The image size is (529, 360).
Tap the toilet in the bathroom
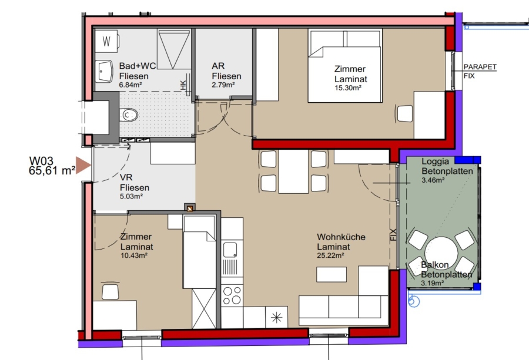click(x=129, y=115)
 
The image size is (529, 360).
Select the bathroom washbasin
click(x=104, y=72)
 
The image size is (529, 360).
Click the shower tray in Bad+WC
click(x=174, y=49)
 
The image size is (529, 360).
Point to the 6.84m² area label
click(x=130, y=85)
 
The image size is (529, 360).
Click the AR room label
click(x=218, y=66)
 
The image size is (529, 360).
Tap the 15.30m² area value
click(x=348, y=88)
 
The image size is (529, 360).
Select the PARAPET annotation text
click(x=480, y=67)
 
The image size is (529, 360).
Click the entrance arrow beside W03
click(x=83, y=165)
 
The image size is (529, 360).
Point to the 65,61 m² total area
click(x=52, y=170)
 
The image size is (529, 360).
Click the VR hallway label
click(x=126, y=177)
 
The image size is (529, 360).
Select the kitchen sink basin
click(x=230, y=250)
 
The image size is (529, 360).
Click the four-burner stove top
click(x=232, y=295)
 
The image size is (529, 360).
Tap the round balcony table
click(x=441, y=253)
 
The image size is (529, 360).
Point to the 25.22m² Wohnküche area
click(x=330, y=255)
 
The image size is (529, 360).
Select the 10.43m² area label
click(x=134, y=255)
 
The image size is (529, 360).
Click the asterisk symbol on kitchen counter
click(x=277, y=318)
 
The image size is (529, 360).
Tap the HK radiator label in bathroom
click(x=183, y=85)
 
